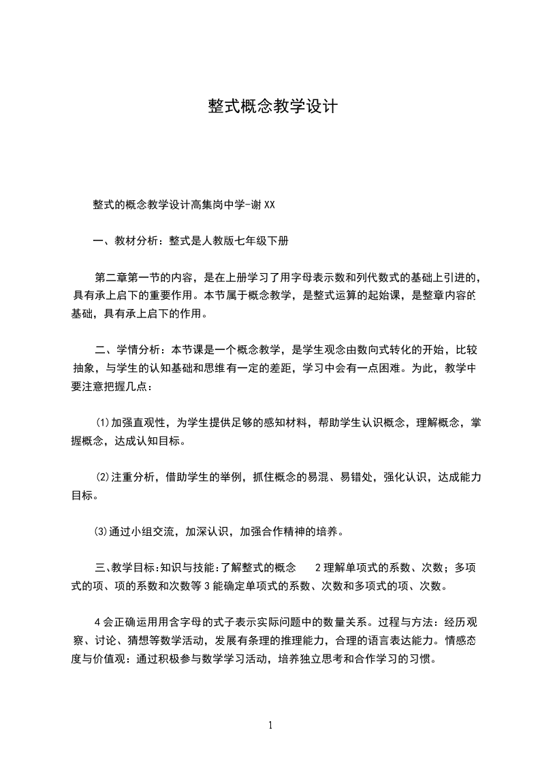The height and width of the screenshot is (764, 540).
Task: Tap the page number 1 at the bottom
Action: [x=270, y=725]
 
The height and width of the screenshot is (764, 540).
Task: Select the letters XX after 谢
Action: [x=269, y=204]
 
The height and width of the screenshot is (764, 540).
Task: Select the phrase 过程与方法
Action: [x=405, y=622]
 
